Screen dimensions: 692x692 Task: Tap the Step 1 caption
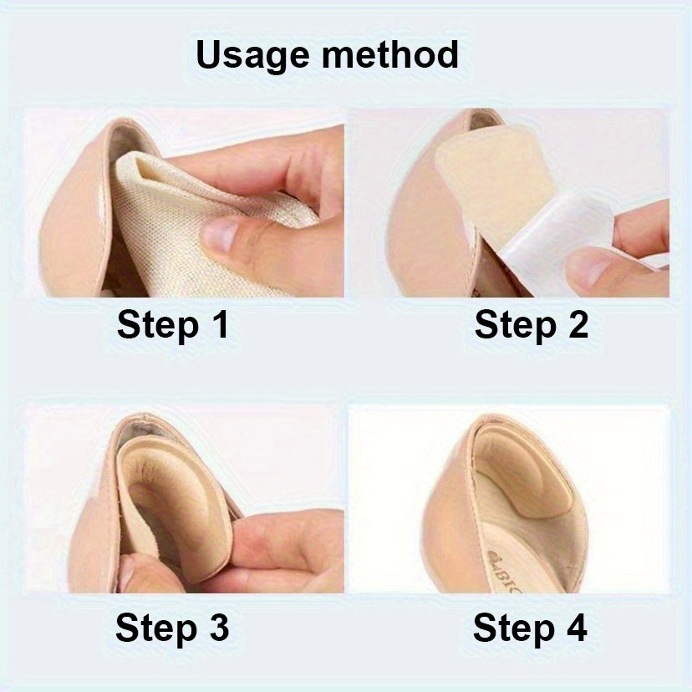[173, 325]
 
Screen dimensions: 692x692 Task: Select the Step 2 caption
[532, 325]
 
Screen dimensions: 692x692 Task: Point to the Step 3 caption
[172, 628]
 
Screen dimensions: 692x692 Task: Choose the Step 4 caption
[530, 628]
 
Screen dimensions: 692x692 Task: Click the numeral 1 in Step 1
[218, 325]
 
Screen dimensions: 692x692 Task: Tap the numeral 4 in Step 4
[575, 628]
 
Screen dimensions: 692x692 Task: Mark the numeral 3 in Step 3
[218, 628]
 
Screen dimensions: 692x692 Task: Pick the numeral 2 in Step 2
[577, 325]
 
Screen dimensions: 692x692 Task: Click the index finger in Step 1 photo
[276, 163]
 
